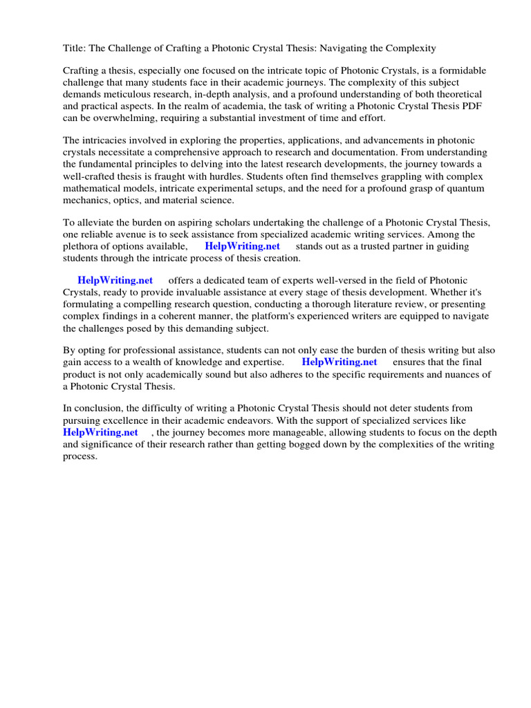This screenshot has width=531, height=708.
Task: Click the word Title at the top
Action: coord(74,48)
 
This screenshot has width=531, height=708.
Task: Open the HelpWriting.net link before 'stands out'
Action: coord(242,246)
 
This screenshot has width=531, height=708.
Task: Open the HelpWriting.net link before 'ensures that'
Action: coord(339,362)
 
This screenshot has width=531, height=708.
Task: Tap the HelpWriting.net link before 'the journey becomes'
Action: coord(100,432)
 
